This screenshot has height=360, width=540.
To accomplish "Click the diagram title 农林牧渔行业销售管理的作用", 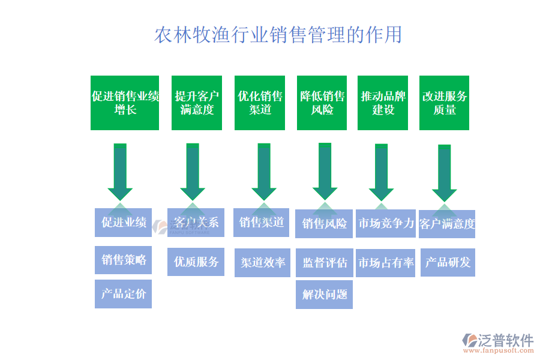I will click(278, 35).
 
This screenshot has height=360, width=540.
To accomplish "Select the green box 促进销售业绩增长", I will click(125, 103).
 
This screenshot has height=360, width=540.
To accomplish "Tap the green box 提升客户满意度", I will click(197, 103).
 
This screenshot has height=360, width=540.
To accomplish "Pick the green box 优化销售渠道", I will click(260, 103).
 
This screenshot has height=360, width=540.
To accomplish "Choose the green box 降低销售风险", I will click(322, 103).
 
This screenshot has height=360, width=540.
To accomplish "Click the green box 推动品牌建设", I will click(383, 103).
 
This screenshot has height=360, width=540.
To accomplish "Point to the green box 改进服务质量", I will click(444, 103).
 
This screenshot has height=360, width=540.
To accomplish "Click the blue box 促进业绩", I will click(124, 223).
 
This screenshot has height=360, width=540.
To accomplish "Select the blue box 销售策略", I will click(124, 260).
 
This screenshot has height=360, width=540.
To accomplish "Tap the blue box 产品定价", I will click(123, 294).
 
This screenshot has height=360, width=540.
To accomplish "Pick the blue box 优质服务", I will click(196, 262).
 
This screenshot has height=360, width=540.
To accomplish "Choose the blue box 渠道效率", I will click(263, 263).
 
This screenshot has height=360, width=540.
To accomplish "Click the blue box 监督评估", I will click(325, 263).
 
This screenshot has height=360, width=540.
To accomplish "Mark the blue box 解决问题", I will click(324, 295).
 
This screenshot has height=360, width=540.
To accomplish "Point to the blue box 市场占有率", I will click(386, 263).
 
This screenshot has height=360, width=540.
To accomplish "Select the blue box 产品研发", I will click(448, 262).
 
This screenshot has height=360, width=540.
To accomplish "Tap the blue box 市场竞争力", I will click(386, 224).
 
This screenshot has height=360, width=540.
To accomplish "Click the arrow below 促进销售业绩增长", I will click(120, 171).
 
